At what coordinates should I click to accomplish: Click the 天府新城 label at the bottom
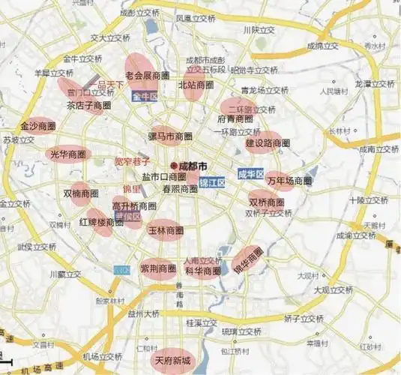coord(172,361)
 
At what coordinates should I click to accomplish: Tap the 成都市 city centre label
coord(193,165)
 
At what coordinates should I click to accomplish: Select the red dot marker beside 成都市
coord(174,165)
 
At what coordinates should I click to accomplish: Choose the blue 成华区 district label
coord(251,175)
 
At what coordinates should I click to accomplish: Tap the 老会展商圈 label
coord(148,76)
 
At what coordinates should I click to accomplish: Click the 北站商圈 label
coord(197,85)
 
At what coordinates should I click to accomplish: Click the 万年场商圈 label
coord(289,181)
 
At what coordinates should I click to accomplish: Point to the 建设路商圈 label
coord(268,142)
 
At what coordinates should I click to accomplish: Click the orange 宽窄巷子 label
coord(132,161)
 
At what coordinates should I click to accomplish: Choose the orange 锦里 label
coord(132,188)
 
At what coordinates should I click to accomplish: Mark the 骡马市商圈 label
coord(170,137)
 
